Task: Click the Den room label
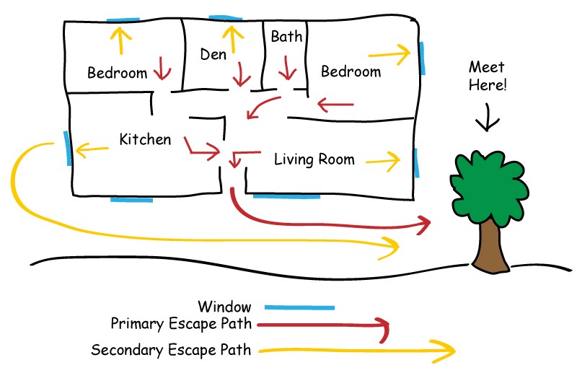point(213,54)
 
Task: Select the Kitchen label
point(146,139)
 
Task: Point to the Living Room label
point(314,159)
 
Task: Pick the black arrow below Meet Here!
point(488,117)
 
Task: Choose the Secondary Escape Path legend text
point(171,351)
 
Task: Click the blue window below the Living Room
point(286,196)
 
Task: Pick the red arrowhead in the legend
point(384,330)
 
